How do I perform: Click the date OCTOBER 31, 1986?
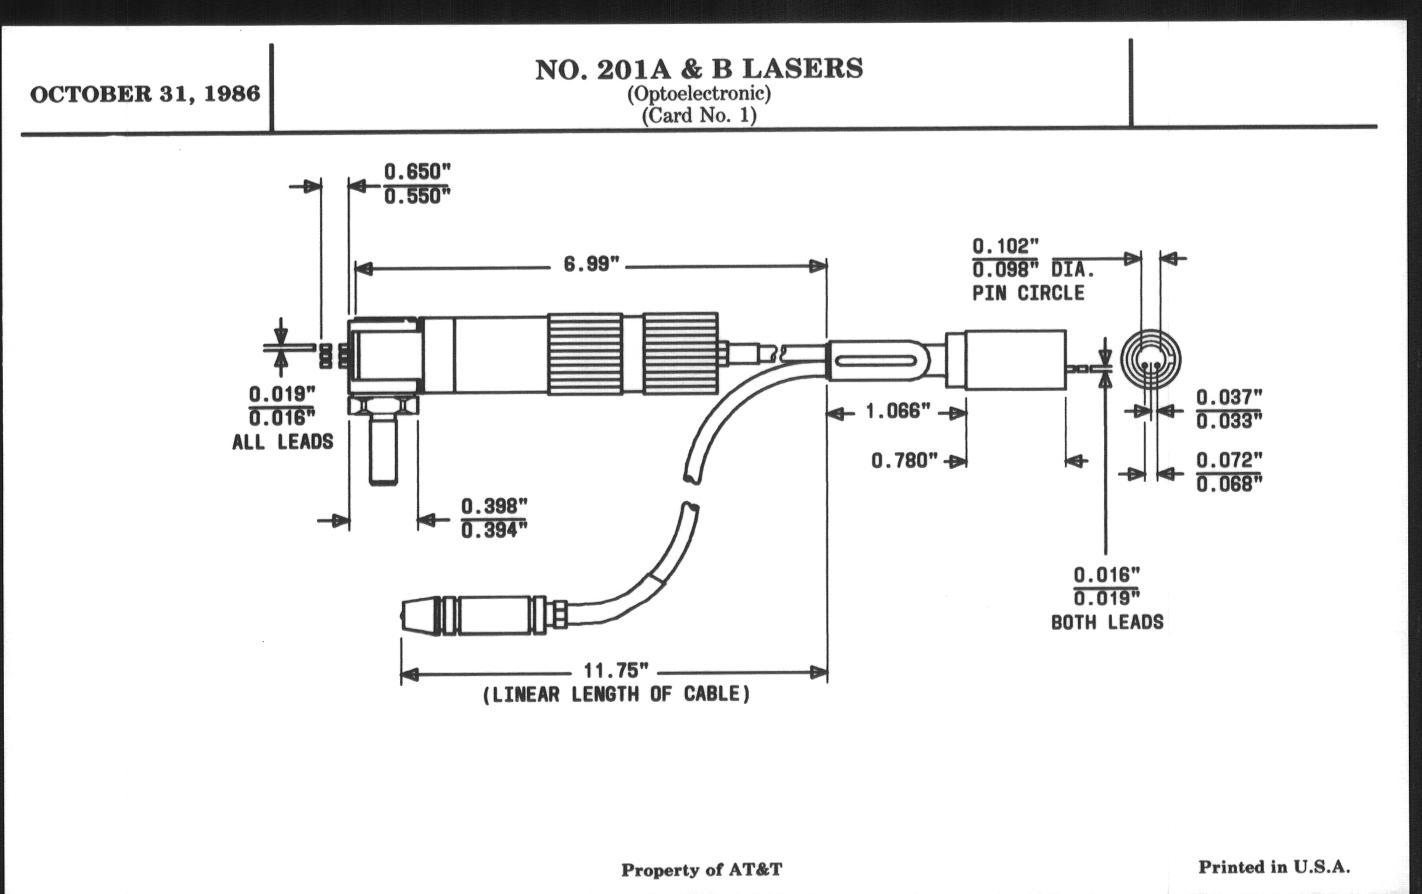[x=144, y=95]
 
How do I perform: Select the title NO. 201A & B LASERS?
[x=699, y=69]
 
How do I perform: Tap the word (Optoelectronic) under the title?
[x=699, y=93]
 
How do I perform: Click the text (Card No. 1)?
[x=699, y=115]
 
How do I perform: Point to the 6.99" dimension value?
[x=591, y=264]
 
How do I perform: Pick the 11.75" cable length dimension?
[x=616, y=670]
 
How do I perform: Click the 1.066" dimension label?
[x=898, y=411]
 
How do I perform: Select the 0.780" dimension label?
[x=904, y=460]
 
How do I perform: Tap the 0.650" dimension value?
[x=417, y=172]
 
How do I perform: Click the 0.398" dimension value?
[x=493, y=505]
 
